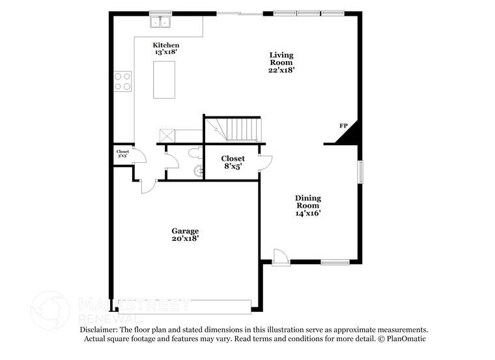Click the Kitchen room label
[x=166, y=48]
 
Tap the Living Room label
[x=281, y=62]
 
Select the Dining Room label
[x=307, y=205]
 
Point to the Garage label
[x=185, y=234]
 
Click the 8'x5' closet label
[x=233, y=162]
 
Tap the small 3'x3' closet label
[x=122, y=154]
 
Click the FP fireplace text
[x=343, y=126]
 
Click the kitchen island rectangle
[x=164, y=79]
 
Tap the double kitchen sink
[x=160, y=23]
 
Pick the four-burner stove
[x=122, y=81]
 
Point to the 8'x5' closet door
[x=264, y=162]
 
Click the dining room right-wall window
[x=359, y=174]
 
